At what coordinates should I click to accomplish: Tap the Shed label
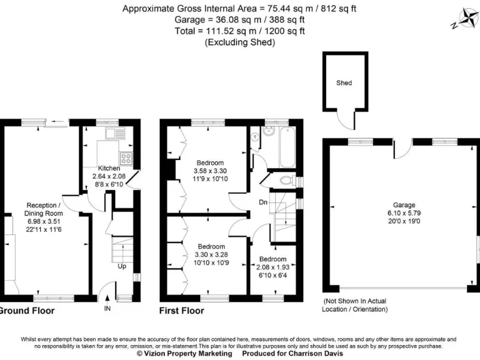click(x=344, y=82)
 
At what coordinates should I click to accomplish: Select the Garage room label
click(x=404, y=205)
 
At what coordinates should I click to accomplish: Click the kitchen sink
click(x=115, y=133)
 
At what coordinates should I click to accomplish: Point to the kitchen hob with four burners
click(x=126, y=159)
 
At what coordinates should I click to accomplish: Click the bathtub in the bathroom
click(x=287, y=147)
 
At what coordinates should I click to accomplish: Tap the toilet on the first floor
click(x=287, y=180)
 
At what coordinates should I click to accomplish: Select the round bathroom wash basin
click(x=269, y=131)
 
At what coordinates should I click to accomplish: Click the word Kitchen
click(x=109, y=168)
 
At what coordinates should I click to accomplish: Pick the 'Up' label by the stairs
click(x=122, y=266)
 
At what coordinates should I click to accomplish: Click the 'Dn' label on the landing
click(x=263, y=202)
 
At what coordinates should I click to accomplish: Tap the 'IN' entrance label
click(x=107, y=308)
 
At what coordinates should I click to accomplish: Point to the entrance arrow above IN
click(x=107, y=299)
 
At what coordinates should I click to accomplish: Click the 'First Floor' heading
click(x=181, y=311)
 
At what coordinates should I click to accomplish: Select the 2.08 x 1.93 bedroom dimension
click(x=272, y=267)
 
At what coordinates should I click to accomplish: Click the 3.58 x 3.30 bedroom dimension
click(x=210, y=171)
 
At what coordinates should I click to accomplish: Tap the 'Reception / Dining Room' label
click(x=44, y=209)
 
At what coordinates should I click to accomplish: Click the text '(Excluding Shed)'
click(x=240, y=42)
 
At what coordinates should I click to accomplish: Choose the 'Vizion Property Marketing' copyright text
click(x=184, y=354)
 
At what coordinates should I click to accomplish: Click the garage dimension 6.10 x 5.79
click(x=404, y=213)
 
